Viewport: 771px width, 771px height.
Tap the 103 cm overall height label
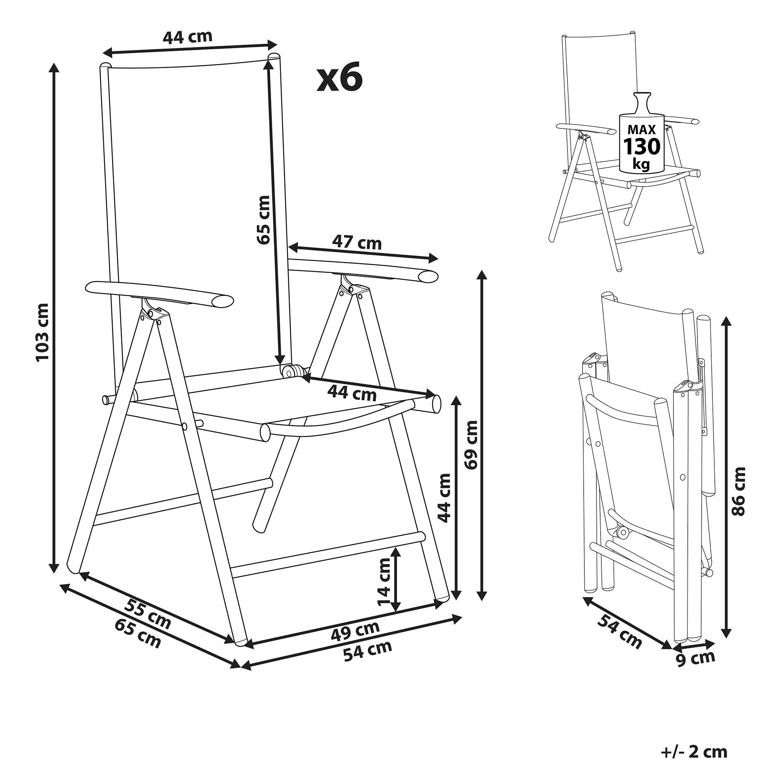click(42, 332)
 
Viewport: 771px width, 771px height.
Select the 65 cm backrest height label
click(263, 219)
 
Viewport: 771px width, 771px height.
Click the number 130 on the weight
click(642, 147)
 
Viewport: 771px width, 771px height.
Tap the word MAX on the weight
click(642, 129)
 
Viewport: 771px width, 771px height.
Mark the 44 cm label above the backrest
click(187, 37)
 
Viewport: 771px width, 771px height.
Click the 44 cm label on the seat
click(352, 394)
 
